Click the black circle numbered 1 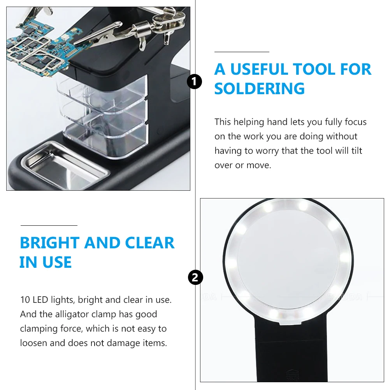click(195, 82)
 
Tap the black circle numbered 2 click(195, 278)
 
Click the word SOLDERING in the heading click(260, 89)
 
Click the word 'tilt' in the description click(356, 151)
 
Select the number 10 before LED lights click(25, 300)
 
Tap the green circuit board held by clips click(37, 49)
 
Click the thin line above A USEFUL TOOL click(242, 52)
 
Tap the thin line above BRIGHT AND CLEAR click(49, 225)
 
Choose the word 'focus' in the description click(355, 122)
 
